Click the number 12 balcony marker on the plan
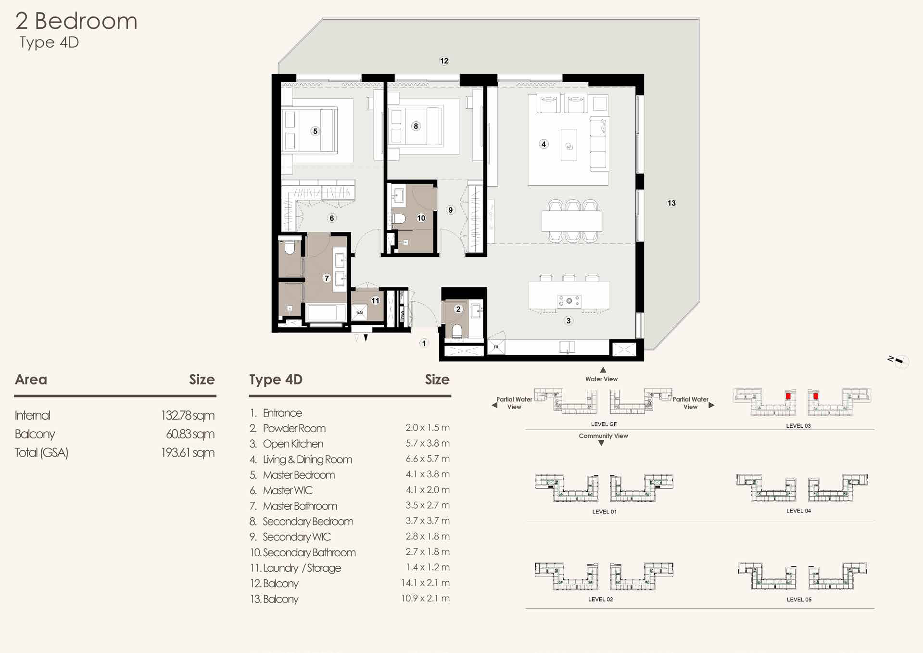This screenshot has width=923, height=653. click(444, 61)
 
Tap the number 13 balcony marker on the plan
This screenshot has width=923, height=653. click(671, 203)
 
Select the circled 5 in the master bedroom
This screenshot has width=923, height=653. click(315, 131)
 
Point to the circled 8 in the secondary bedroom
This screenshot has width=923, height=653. click(416, 126)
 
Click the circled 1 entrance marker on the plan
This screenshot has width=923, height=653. click(424, 343)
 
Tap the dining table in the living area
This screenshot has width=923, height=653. click(571, 221)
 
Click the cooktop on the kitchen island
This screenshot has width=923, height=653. click(569, 301)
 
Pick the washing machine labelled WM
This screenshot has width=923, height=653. click(360, 312)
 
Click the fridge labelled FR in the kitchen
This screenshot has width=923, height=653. click(496, 346)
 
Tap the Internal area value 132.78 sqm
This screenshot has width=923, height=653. click(188, 415)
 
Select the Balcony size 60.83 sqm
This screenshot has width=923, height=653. click(190, 434)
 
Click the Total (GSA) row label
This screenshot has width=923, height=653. click(41, 453)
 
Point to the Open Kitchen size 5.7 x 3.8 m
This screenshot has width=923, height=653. click(428, 443)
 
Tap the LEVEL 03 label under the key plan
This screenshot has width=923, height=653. click(798, 425)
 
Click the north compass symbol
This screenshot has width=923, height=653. click(898, 361)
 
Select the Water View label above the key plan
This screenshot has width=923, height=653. click(601, 379)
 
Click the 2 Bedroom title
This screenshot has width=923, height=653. click(76, 21)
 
